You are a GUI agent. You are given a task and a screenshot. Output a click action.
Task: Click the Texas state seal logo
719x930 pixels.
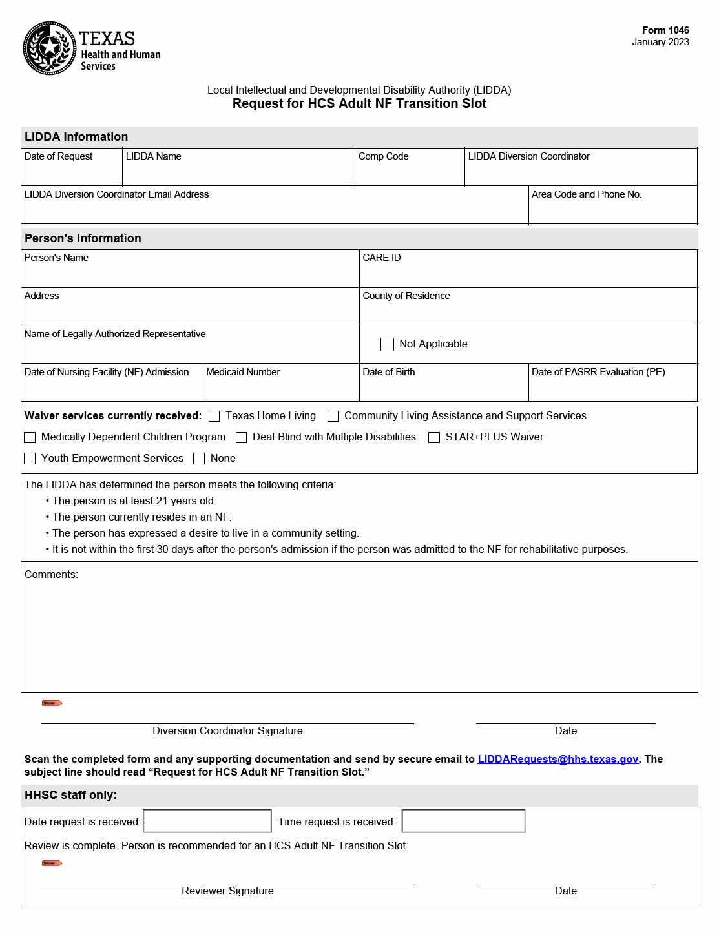click(x=50, y=48)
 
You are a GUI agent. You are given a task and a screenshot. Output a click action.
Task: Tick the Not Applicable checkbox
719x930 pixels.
click(x=387, y=344)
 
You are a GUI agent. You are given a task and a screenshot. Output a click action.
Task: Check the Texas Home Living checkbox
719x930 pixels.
click(x=214, y=417)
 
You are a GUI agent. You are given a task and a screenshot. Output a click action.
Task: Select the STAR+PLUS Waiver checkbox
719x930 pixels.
click(x=434, y=438)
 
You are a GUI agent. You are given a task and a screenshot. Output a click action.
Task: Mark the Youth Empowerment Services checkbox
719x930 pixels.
click(x=30, y=459)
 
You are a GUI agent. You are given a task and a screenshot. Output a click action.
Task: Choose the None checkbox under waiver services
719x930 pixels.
click(x=199, y=459)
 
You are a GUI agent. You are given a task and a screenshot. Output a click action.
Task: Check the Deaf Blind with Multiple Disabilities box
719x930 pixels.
click(x=242, y=438)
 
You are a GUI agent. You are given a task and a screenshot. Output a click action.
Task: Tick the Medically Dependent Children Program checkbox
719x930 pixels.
click(x=30, y=438)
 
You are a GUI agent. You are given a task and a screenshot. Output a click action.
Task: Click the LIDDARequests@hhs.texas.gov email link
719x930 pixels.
click(x=557, y=759)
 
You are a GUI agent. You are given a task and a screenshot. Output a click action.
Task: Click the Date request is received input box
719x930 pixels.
click(x=207, y=821)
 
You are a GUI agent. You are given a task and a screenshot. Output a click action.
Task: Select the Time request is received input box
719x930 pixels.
click(x=463, y=821)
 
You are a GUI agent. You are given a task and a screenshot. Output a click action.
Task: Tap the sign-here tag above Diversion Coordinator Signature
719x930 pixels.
click(x=52, y=703)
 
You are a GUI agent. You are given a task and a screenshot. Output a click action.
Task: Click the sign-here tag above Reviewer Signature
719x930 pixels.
click(x=52, y=863)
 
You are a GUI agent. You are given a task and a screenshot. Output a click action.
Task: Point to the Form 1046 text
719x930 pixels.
click(x=665, y=30)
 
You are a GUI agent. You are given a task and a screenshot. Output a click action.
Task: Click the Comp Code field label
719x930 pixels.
click(x=383, y=156)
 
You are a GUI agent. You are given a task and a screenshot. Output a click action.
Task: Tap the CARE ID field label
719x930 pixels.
click(x=381, y=258)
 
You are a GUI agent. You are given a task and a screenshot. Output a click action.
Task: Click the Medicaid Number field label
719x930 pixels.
click(x=243, y=372)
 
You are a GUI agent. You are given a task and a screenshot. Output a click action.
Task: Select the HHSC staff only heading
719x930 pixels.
click(x=70, y=795)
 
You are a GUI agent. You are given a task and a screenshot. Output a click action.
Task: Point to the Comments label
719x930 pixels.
click(x=51, y=575)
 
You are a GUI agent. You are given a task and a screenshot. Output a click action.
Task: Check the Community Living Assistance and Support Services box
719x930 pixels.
click(x=333, y=417)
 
